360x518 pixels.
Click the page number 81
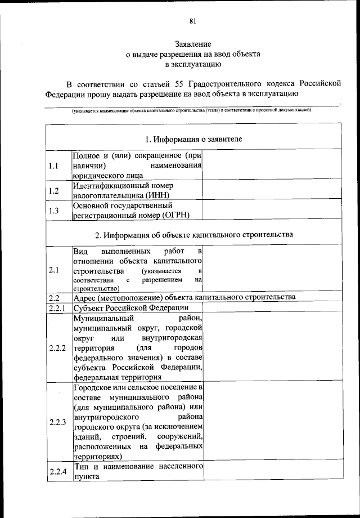(x=192, y=22)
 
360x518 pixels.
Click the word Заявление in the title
(x=192, y=44)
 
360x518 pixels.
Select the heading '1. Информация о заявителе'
(x=193, y=139)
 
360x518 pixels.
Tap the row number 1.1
(x=54, y=166)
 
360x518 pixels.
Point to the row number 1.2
(x=54, y=190)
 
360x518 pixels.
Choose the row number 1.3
(x=54, y=211)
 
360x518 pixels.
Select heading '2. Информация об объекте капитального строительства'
(x=193, y=234)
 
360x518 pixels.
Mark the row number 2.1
(x=54, y=270)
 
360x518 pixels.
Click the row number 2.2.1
(x=57, y=308)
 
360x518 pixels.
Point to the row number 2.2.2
(x=57, y=348)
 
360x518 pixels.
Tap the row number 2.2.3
(x=57, y=422)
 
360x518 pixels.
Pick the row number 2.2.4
(x=57, y=471)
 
